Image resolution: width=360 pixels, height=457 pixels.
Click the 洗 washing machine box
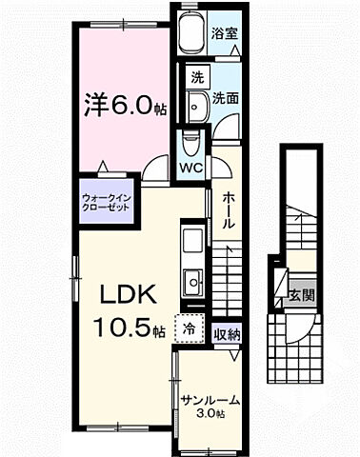[196, 76]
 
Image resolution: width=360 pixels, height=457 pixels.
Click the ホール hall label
[230, 209]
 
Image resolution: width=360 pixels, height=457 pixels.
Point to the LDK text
[122, 295]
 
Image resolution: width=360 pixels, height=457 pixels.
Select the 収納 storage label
[226, 333]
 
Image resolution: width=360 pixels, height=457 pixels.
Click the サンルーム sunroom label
[210, 401]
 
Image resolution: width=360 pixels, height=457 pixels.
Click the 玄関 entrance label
[302, 294]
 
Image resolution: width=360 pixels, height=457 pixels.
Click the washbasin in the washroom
[197, 107]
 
